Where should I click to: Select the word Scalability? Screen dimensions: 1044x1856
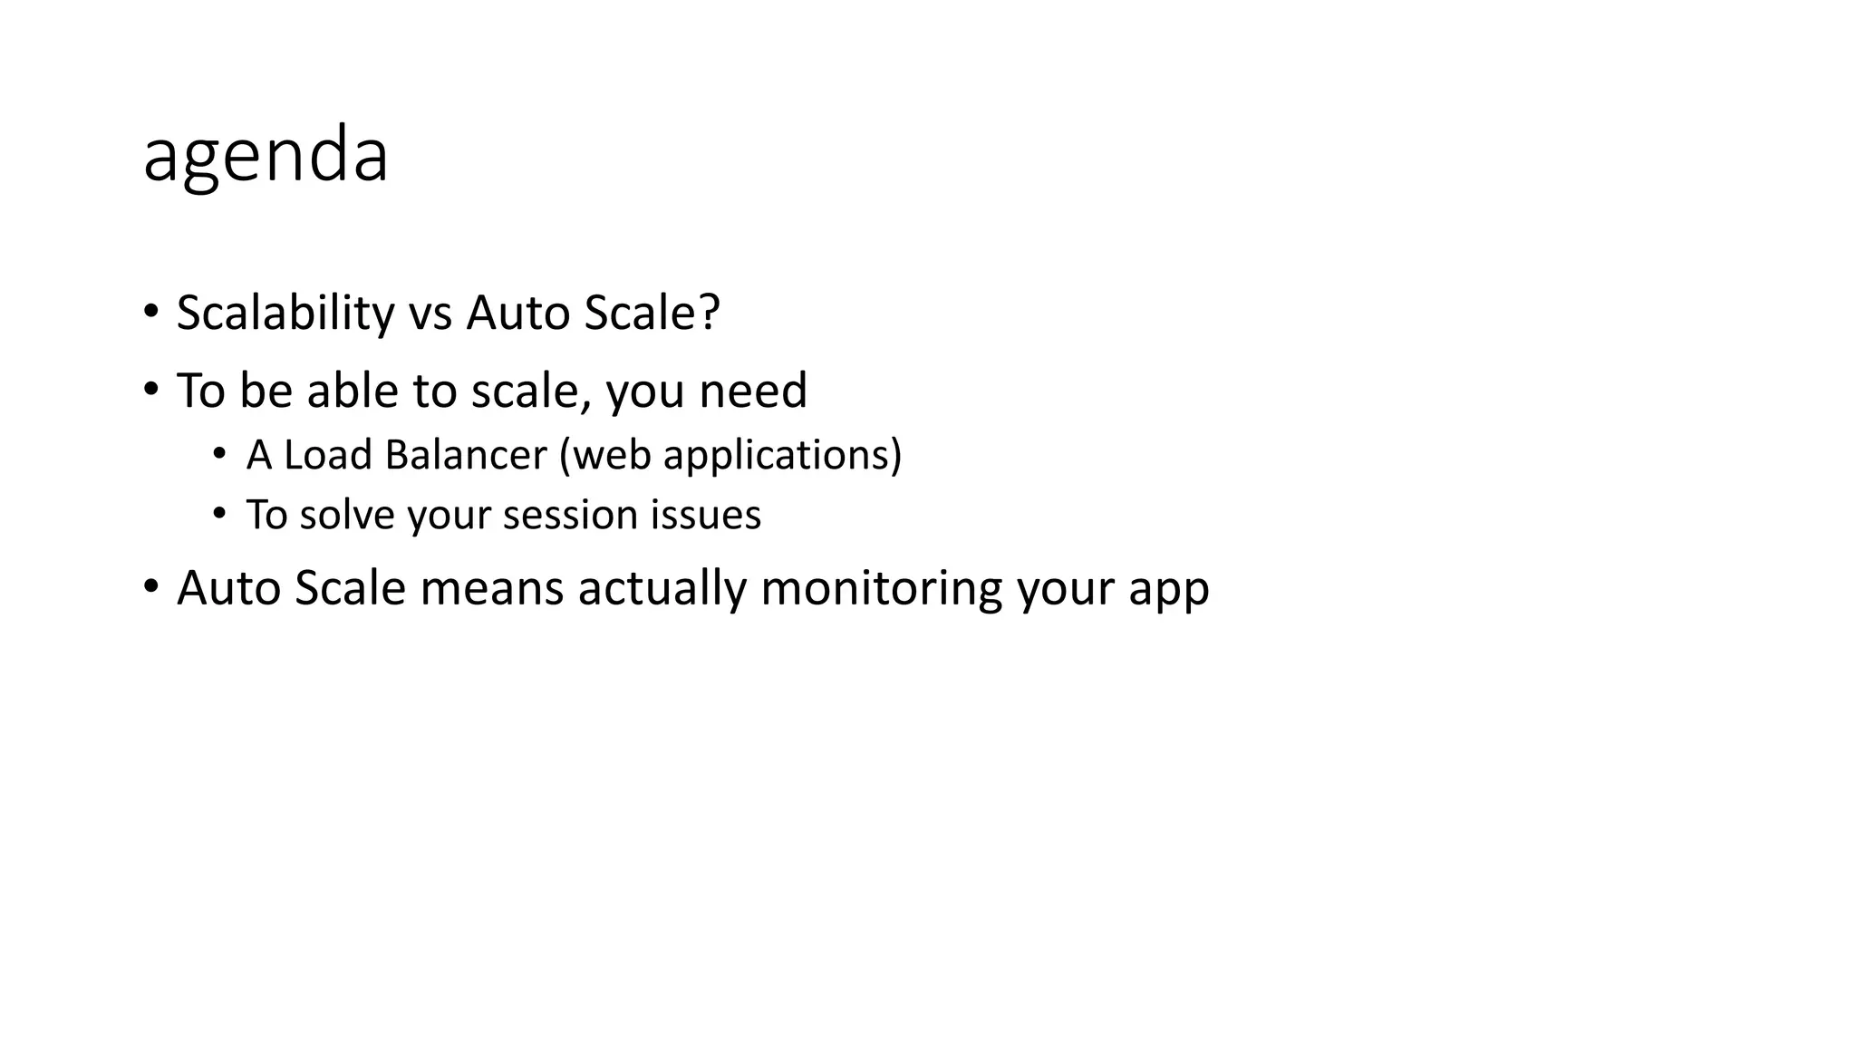[x=285, y=314]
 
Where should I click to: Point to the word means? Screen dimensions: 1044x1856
[x=491, y=588]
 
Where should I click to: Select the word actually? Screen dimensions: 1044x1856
[x=662, y=588]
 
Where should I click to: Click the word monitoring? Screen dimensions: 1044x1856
[x=881, y=590]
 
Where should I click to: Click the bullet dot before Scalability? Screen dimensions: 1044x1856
[x=150, y=312]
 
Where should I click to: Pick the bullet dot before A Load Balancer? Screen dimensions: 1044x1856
[x=218, y=453]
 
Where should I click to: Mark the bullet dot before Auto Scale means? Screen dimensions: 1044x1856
[x=150, y=586]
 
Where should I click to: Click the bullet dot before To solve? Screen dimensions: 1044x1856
[x=218, y=514]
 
